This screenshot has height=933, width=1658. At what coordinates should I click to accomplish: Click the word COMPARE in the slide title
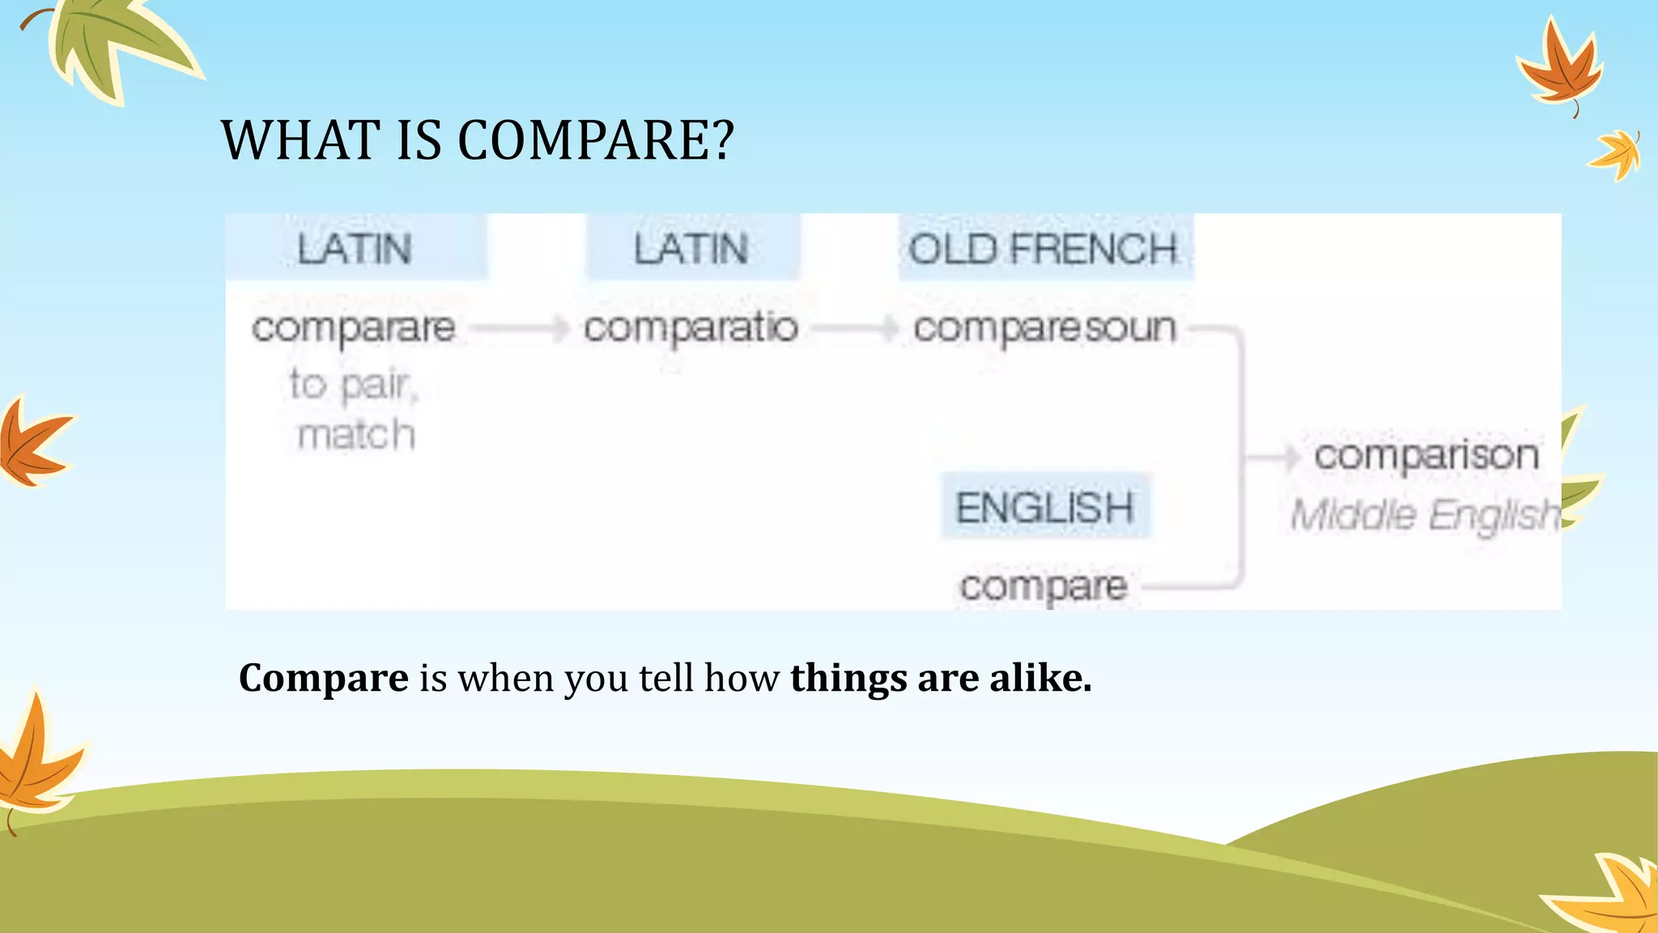coord(596,140)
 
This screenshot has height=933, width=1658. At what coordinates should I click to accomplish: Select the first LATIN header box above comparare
coord(355,248)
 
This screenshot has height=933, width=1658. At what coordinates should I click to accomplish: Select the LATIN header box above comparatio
coord(692,248)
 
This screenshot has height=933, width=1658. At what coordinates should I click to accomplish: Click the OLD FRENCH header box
coord(1044,248)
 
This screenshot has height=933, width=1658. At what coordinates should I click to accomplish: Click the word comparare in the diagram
coord(354,329)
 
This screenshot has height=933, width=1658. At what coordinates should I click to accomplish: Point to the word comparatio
coord(691,329)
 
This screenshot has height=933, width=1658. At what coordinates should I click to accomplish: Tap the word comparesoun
coord(1044,329)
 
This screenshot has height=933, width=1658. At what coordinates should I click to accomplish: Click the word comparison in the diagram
coord(1426,455)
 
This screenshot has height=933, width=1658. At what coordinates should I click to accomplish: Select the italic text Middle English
coord(1425,515)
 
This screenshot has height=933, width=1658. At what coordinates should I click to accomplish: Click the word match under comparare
coord(356,435)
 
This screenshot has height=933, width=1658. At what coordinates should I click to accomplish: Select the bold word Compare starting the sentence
coord(324,678)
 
